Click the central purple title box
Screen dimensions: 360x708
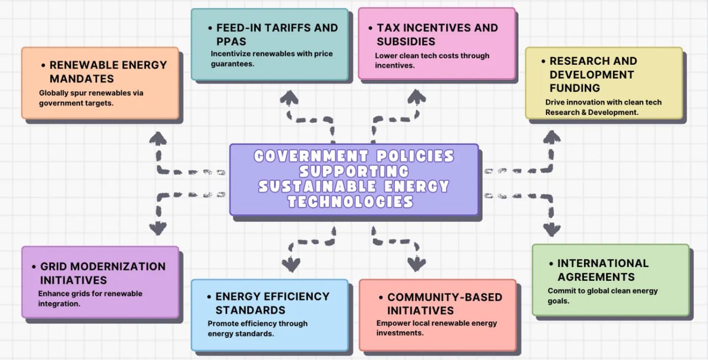pos(354,179)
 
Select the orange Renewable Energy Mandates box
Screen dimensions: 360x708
pos(100,83)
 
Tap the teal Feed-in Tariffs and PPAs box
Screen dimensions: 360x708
pos(269,44)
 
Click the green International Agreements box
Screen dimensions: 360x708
pos(611,280)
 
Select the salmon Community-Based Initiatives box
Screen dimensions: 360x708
pos(438,315)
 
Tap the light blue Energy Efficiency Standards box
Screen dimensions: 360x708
pos(269,315)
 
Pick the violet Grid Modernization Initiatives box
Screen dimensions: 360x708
pos(100,282)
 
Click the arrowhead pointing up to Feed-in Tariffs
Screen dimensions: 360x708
pos(289,98)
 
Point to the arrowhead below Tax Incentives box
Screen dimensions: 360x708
pos(417,98)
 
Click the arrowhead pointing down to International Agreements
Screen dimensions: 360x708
pos(551,229)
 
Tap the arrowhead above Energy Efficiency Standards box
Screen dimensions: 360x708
pos(290,264)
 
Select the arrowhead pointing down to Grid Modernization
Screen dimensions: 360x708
pos(158,227)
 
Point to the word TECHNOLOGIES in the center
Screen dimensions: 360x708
pos(351,202)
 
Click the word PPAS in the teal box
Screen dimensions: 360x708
pos(231,41)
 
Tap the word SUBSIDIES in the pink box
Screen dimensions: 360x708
pos(406,41)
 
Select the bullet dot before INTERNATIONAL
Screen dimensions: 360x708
pos(550,264)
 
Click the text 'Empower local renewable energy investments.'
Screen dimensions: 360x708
pos(436,328)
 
